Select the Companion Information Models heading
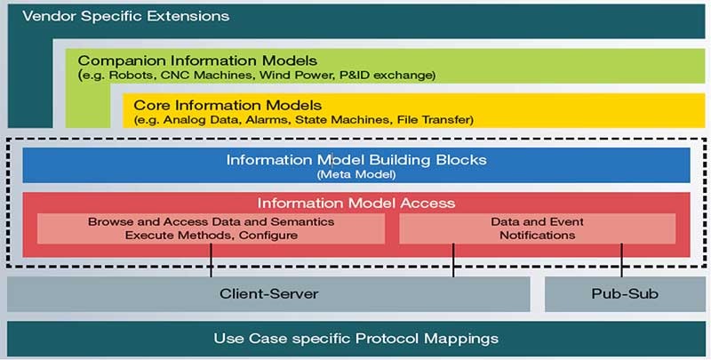click(197, 60)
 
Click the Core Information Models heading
click(228, 105)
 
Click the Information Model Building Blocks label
click(356, 160)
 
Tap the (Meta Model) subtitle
click(356, 174)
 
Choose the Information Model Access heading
click(356, 203)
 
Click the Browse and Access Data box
click(211, 228)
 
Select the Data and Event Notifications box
click(537, 228)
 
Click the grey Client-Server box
click(268, 293)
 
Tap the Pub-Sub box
click(624, 293)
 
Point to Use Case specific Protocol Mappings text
click(356, 339)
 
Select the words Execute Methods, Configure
click(211, 236)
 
